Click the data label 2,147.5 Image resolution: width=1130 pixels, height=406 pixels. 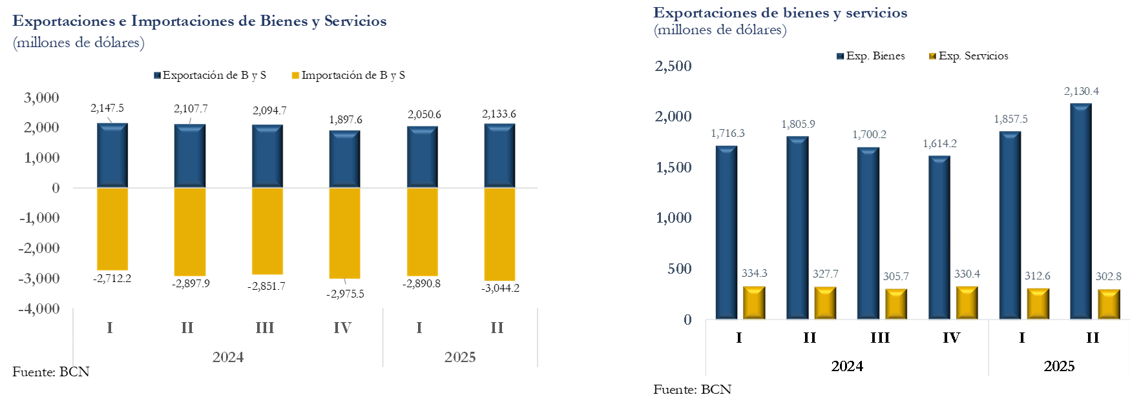107,108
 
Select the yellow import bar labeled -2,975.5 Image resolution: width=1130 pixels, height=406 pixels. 344,232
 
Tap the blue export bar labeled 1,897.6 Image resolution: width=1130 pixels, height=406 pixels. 344,159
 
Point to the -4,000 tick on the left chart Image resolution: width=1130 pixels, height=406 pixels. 39,309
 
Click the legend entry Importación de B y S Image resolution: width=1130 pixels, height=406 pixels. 348,76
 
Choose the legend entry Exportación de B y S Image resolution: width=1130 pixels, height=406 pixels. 210,76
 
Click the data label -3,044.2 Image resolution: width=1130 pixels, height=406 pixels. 500,288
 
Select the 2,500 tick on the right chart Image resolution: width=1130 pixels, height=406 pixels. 673,66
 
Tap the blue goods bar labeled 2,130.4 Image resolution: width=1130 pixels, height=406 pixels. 1081,211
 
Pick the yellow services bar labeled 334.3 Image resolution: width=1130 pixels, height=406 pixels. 754,303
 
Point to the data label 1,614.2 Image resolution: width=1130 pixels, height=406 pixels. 939,143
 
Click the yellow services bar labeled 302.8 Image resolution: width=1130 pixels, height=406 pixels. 1109,304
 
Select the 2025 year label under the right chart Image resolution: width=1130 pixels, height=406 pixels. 1059,366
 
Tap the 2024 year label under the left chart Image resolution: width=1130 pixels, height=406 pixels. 228,357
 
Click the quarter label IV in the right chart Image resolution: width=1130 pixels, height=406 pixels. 951,338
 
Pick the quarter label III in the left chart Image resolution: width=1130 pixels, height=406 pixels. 265,328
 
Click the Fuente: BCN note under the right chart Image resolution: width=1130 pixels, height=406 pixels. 692,389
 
